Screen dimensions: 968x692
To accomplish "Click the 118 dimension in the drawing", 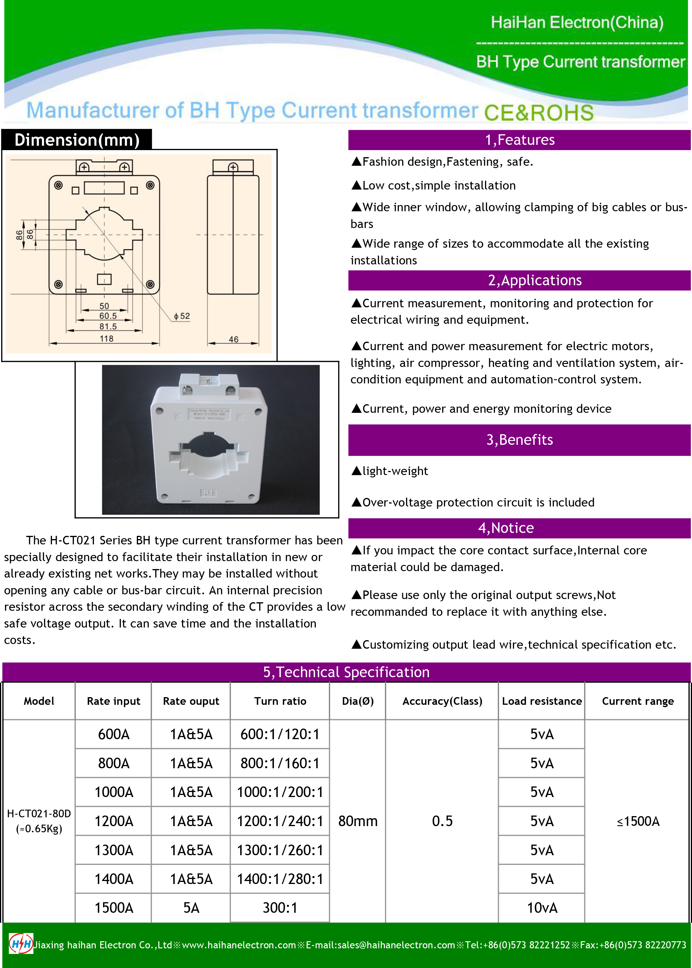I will click(x=107, y=339).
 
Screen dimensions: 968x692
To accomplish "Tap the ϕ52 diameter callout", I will click(x=182, y=316).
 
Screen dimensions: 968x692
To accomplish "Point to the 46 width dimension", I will click(x=233, y=339).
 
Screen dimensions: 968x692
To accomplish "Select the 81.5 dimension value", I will click(x=108, y=326).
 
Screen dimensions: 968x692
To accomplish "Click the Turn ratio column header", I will click(x=280, y=701).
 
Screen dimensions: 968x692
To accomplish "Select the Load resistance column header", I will click(x=542, y=701).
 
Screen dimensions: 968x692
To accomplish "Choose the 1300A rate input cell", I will click(x=114, y=850).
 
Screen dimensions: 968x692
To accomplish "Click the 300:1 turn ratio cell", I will click(x=280, y=908).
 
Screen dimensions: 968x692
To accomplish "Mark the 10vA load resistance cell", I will click(x=542, y=908).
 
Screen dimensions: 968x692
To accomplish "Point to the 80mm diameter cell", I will click(x=358, y=821).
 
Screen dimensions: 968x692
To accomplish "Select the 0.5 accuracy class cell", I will click(x=442, y=821).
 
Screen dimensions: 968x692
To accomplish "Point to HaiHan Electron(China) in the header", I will click(x=577, y=22).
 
